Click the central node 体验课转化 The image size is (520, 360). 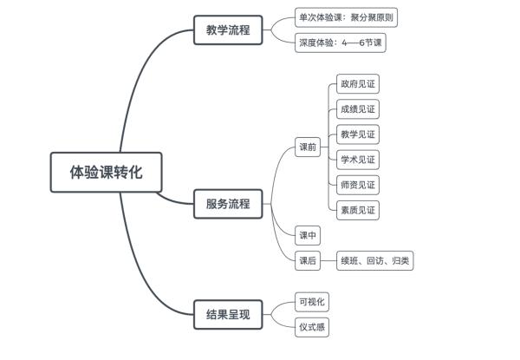(x=105, y=171)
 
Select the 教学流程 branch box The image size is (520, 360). (x=227, y=30)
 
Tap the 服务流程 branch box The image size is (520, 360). (x=227, y=204)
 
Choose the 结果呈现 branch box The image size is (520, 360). (x=227, y=314)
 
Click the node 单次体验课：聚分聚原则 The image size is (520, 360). (x=347, y=17)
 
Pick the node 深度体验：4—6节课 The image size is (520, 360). (x=340, y=42)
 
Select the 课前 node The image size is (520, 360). (x=308, y=147)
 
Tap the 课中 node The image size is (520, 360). (x=308, y=235)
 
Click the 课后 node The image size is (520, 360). (x=308, y=260)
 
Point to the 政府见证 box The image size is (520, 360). (x=358, y=85)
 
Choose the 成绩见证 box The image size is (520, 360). (x=358, y=110)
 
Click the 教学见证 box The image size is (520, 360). (x=358, y=134)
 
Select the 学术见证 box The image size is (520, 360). (x=358, y=160)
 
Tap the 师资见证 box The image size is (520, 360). (x=358, y=184)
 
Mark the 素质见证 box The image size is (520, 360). (x=358, y=209)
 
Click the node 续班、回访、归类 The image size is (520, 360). (x=375, y=260)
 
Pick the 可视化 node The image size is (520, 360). (x=312, y=302)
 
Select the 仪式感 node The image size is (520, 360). (x=312, y=327)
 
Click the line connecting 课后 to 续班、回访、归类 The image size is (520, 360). (x=328, y=260)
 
